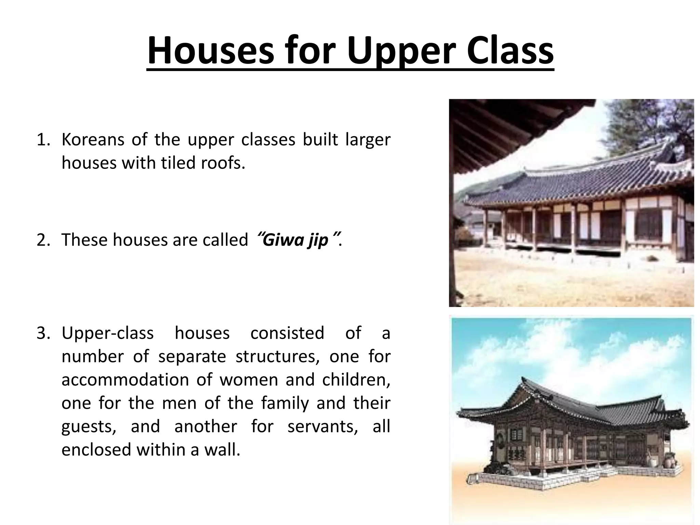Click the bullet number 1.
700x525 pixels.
(x=43, y=140)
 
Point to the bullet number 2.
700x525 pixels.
(x=43, y=240)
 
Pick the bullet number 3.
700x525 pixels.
(x=43, y=333)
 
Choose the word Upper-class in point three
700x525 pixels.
(x=107, y=333)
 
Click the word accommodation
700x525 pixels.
(x=125, y=380)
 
